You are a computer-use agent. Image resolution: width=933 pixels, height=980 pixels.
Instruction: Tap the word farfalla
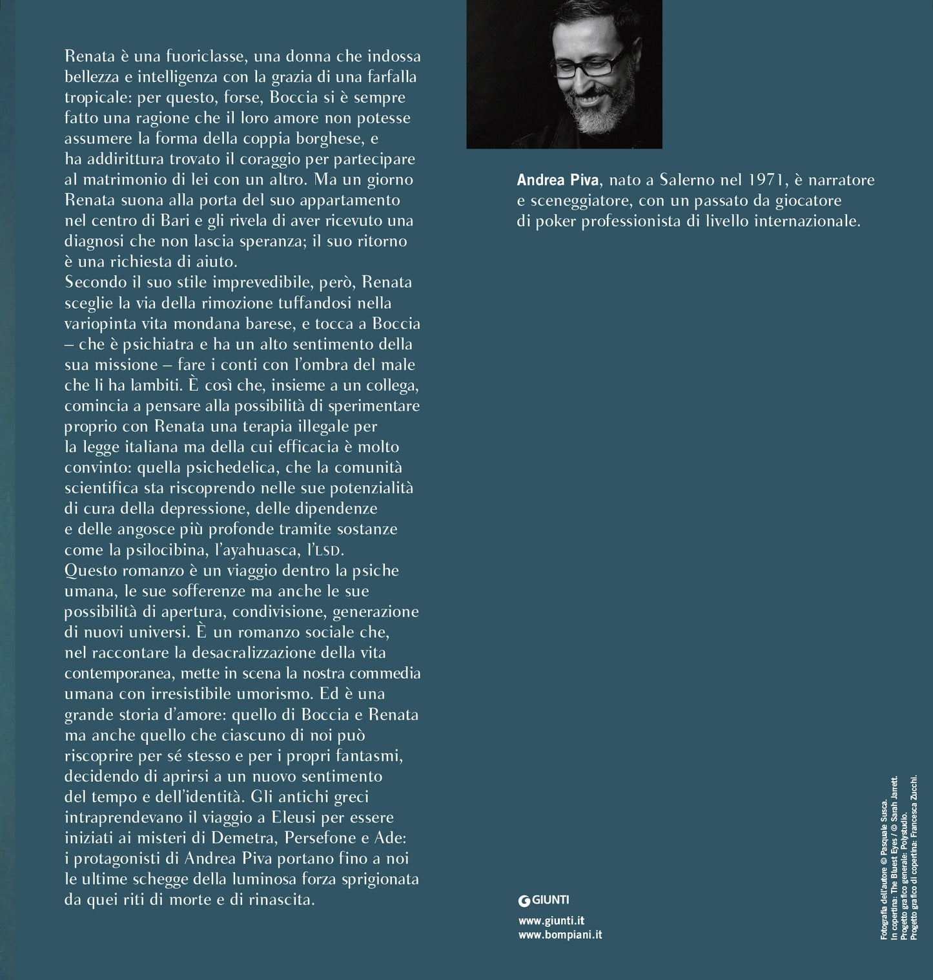pos(389,77)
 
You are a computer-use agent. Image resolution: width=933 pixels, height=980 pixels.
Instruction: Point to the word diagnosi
pos(92,241)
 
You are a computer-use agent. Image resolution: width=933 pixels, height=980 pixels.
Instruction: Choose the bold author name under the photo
pos(558,180)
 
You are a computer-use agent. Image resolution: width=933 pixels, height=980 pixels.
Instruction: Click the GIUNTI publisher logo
pos(544,900)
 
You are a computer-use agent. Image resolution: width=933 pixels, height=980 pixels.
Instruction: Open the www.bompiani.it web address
pos(560,935)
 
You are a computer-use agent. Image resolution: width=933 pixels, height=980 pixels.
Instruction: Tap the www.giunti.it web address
pos(551,921)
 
